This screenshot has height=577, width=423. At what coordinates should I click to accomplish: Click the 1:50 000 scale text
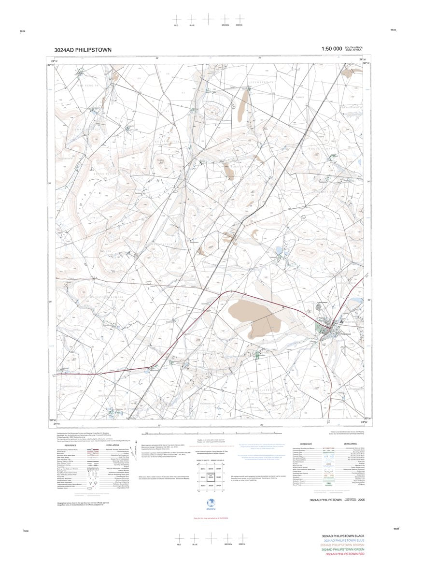331,49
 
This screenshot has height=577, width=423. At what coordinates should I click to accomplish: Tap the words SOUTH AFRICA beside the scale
353,47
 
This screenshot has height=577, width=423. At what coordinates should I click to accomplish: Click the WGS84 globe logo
211,501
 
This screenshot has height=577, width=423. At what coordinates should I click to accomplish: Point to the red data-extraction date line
211,518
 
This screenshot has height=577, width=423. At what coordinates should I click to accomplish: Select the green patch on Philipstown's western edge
320,329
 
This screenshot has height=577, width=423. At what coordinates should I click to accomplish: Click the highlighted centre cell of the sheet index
211,476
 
